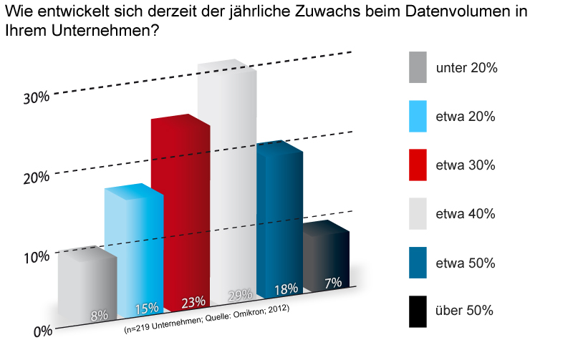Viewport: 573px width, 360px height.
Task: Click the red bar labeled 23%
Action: [180, 215]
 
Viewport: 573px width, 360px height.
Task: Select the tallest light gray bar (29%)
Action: [227, 179]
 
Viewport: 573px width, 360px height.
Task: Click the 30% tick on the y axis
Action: [36, 97]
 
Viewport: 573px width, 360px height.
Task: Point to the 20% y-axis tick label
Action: [36, 177]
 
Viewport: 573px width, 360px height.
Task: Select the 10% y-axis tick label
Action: [36, 256]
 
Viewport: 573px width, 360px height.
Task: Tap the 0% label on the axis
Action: [42, 331]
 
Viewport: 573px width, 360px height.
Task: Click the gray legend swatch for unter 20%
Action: [418, 67]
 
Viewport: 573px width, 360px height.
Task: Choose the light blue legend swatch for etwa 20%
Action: [418, 116]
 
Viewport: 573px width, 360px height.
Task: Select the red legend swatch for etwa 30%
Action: [418, 165]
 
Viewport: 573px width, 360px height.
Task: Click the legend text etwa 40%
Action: [466, 214]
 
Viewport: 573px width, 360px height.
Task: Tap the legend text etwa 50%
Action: [466, 263]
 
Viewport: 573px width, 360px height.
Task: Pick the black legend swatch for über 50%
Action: [418, 311]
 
